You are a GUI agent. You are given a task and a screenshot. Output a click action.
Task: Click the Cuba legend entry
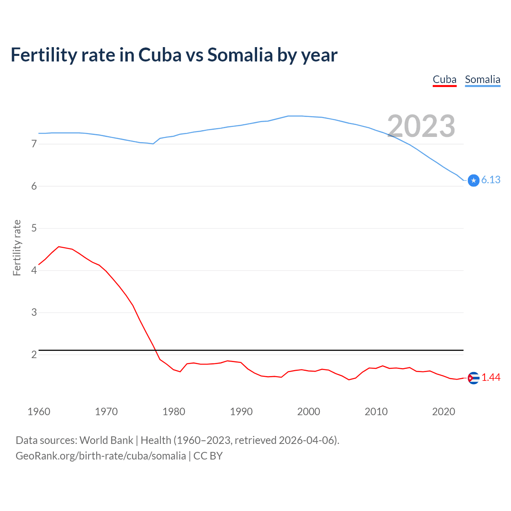[x=444, y=80]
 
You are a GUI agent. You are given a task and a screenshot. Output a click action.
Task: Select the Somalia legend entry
[x=482, y=80]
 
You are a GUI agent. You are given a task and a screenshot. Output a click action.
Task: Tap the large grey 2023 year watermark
[x=421, y=126]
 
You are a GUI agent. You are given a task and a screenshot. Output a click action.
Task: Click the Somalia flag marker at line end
[x=473, y=180]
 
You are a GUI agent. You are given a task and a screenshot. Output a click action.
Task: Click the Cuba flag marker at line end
[x=473, y=378]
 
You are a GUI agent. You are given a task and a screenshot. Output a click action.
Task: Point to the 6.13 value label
[x=491, y=180]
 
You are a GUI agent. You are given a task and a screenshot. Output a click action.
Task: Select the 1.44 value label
[x=491, y=378]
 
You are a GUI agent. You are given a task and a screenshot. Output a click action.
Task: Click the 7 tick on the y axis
[x=34, y=144]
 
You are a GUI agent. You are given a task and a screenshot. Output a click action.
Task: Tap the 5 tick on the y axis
[x=34, y=228]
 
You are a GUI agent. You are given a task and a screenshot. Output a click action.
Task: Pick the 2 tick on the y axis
[x=34, y=355]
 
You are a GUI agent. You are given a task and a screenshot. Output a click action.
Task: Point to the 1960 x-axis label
[x=39, y=412]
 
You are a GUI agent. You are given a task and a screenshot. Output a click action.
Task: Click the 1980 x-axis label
[x=174, y=412]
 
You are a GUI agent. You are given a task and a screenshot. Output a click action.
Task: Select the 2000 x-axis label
[x=309, y=412]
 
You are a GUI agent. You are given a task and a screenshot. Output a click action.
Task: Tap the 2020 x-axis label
[x=444, y=412]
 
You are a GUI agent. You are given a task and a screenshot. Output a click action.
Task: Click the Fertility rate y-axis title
[x=17, y=248]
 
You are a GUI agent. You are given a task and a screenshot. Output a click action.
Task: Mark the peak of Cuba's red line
[x=59, y=247]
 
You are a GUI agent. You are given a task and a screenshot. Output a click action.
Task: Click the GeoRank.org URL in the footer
[x=101, y=456]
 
